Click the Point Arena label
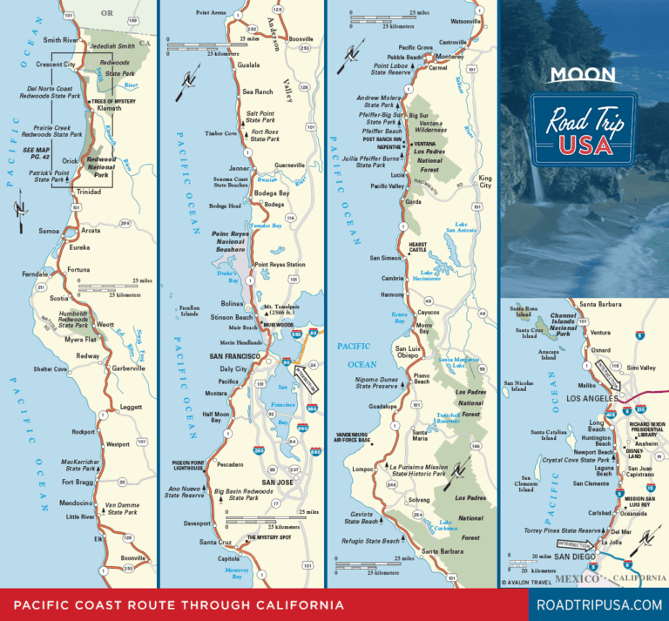211,13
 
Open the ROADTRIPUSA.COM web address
597,604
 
